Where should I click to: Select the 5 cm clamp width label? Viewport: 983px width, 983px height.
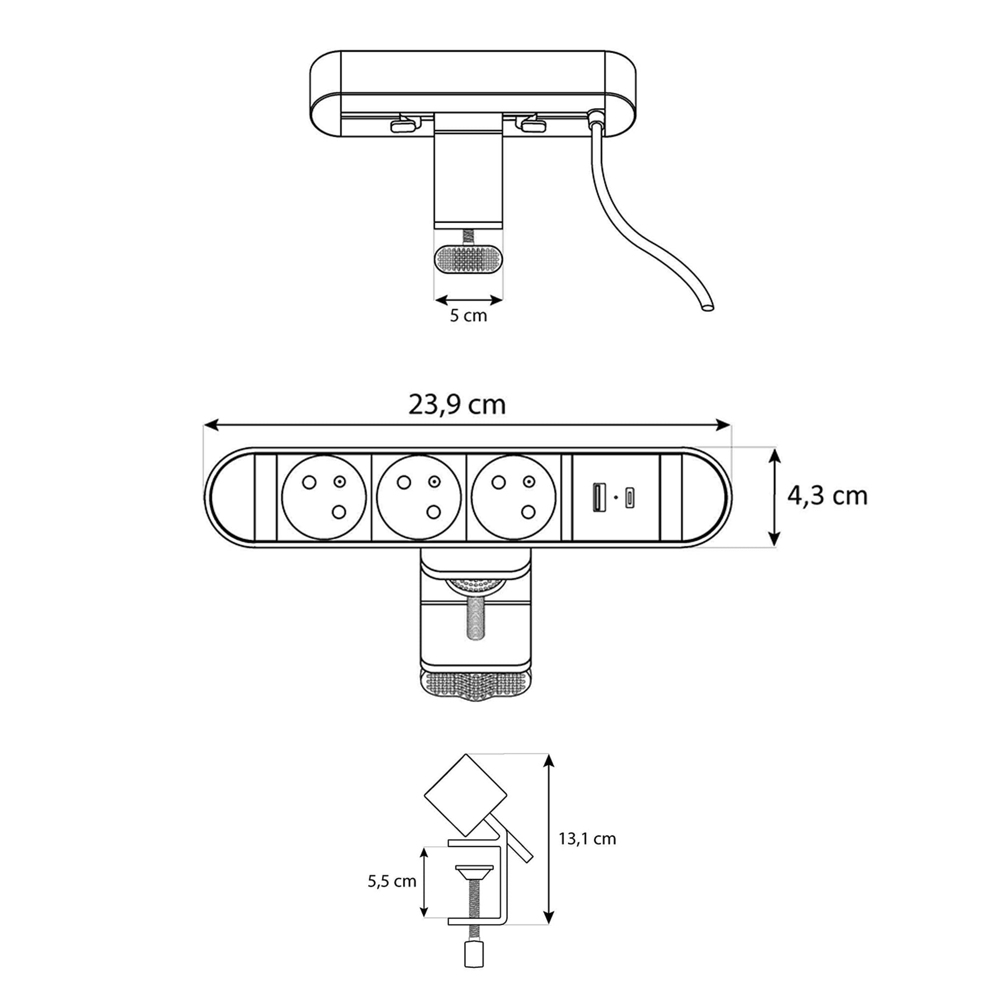468,316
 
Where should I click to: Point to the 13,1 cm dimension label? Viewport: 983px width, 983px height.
587,839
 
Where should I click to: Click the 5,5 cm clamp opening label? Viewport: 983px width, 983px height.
392,881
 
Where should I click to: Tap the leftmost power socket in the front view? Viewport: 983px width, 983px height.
323,497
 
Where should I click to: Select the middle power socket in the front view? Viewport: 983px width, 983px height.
419,497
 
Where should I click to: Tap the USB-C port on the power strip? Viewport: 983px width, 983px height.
630,497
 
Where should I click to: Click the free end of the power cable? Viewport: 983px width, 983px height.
706,308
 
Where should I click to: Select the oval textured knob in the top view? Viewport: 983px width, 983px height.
468,260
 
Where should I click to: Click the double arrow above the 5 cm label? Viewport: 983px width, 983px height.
468,299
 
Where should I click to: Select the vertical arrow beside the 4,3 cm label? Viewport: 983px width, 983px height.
774,497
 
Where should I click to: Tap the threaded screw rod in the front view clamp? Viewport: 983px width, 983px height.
474,619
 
